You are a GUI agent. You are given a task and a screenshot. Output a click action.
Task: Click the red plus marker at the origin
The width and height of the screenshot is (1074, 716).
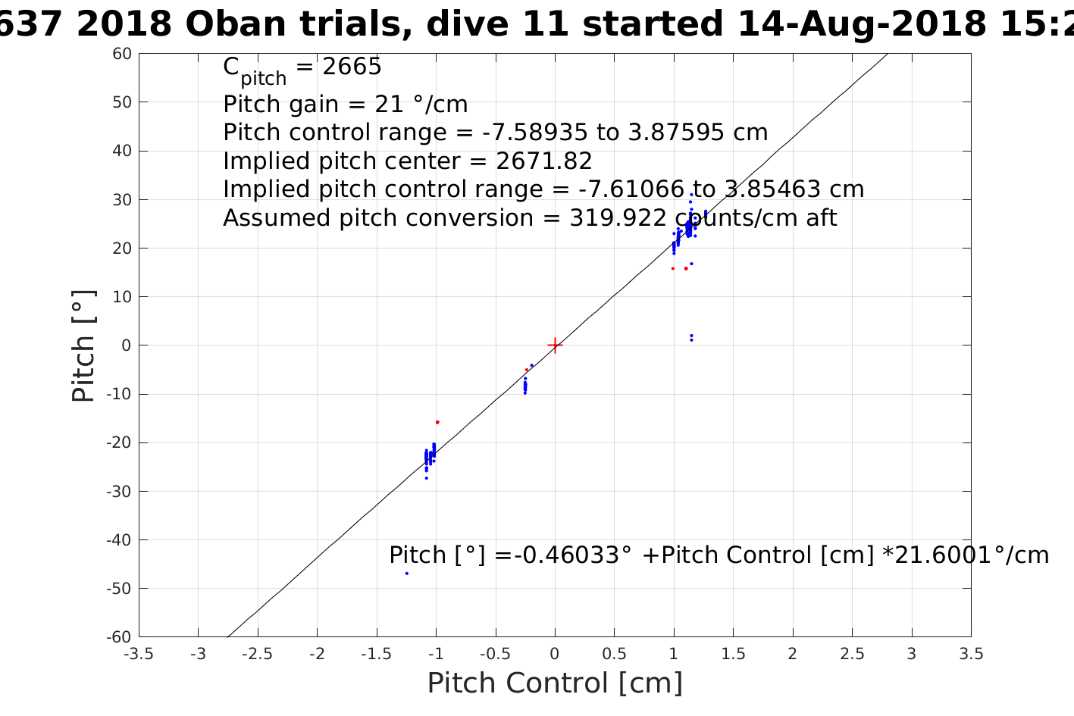(x=555, y=345)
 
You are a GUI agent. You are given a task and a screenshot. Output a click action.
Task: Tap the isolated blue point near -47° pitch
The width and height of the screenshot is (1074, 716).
(x=407, y=574)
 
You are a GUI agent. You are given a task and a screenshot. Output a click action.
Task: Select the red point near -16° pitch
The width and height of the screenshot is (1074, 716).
(x=437, y=422)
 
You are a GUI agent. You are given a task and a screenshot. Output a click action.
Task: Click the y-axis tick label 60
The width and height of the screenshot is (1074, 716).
(x=122, y=54)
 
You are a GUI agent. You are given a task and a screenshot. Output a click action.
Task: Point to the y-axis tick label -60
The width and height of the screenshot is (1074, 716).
(x=119, y=637)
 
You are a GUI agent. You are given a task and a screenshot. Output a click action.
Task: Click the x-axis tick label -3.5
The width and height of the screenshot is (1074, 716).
(x=139, y=654)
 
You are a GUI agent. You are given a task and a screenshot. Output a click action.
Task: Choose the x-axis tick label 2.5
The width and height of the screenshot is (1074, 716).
(x=852, y=654)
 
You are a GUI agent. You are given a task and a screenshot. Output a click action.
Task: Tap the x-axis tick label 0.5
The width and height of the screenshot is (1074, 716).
(x=614, y=654)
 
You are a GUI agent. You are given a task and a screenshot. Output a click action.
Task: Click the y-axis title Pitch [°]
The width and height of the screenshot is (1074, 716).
(x=83, y=346)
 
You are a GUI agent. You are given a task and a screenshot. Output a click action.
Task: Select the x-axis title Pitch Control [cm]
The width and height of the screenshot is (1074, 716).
(x=555, y=683)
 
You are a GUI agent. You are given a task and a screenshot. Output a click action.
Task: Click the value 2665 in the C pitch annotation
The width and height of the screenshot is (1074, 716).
(x=352, y=66)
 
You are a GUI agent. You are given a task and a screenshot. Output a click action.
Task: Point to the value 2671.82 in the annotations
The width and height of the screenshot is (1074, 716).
(x=544, y=161)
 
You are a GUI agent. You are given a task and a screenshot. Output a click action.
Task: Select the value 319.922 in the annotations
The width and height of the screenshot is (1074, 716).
(x=618, y=218)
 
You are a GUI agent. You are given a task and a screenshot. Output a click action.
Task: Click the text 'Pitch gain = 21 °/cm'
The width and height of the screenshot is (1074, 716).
(x=345, y=104)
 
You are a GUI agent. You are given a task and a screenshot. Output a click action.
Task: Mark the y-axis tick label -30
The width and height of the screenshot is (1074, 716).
(x=119, y=491)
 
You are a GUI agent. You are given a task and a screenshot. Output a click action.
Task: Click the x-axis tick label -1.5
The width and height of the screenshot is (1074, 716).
(x=377, y=654)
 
